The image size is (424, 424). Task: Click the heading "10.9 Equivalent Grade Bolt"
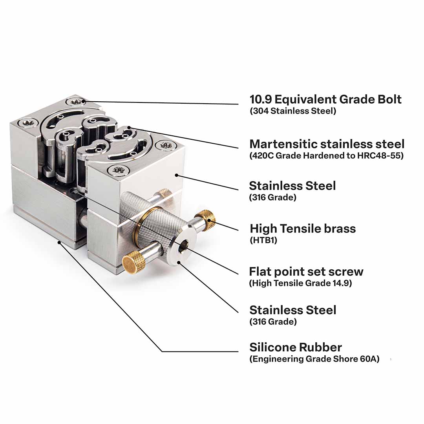325,99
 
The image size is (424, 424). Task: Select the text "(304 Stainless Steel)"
293,111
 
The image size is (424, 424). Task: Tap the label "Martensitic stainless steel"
327,144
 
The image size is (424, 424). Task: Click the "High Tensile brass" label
303,228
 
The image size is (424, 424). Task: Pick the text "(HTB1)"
263,240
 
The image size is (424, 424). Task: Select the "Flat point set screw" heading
306,272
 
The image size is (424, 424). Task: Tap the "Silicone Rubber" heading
296,347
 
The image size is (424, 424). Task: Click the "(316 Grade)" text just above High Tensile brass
273,197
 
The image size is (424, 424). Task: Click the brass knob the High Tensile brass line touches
205,220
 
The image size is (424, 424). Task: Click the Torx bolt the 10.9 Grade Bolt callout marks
76,102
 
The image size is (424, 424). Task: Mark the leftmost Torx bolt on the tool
28,123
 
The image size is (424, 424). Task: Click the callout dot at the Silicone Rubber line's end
59,242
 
